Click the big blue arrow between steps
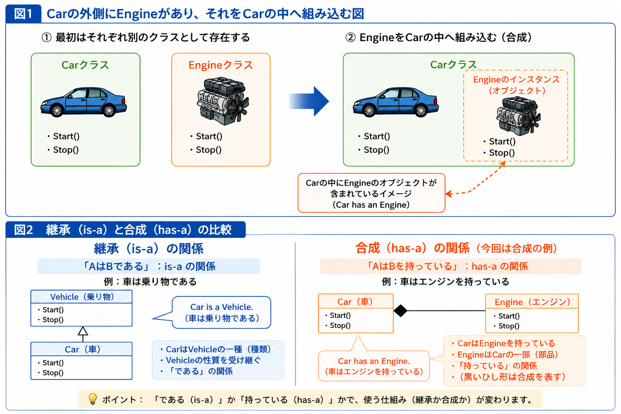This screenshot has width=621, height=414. (x=309, y=101)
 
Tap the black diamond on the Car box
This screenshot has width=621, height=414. (x=400, y=310)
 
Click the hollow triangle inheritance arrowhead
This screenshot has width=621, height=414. (x=83, y=331)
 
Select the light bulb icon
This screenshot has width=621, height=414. (x=93, y=399)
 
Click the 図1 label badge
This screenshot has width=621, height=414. (x=23, y=14)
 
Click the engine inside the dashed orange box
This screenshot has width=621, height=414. (x=518, y=116)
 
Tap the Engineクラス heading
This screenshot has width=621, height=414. (x=221, y=65)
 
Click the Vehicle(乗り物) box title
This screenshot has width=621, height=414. (x=82, y=297)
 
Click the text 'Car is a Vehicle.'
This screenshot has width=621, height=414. (x=222, y=307)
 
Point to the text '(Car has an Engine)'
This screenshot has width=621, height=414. (x=371, y=205)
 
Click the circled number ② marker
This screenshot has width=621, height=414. (x=351, y=38)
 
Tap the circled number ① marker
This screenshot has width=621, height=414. (x=46, y=38)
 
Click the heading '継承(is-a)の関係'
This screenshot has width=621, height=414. (x=149, y=249)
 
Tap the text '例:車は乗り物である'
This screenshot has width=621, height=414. (x=150, y=282)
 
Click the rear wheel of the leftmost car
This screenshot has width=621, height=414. (x=109, y=111)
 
